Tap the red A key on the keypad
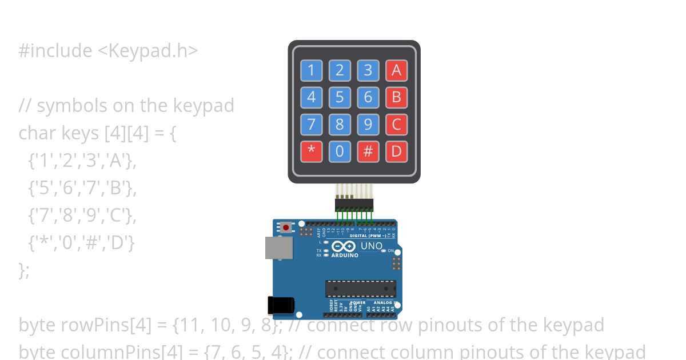pyautogui.click(x=396, y=70)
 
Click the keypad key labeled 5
pyautogui.click(x=340, y=97)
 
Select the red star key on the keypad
pyautogui.click(x=311, y=151)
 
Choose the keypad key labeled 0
pyautogui.click(x=340, y=151)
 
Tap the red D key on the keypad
pyautogui.click(x=396, y=151)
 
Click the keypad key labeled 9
pyautogui.click(x=368, y=124)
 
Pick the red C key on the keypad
pyautogui.click(x=396, y=124)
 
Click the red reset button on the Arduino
pyautogui.click(x=286, y=227)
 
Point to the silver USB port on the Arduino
pyautogui.click(x=278, y=248)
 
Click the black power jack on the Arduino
pyautogui.click(x=281, y=305)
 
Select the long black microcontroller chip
pyautogui.click(x=360, y=289)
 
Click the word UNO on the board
pyautogui.click(x=371, y=246)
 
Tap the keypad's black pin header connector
pyautogui.click(x=354, y=205)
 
